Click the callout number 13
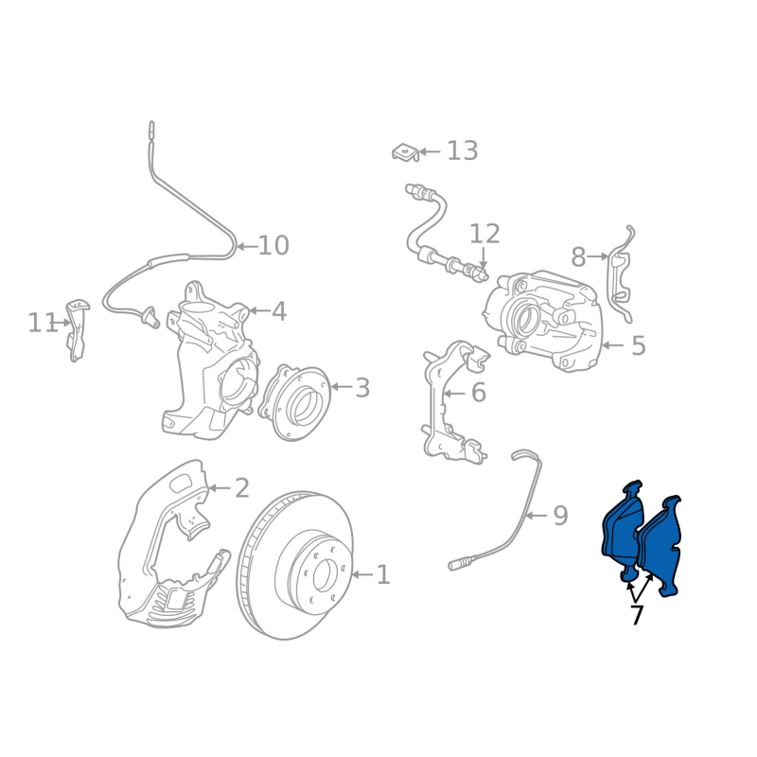click(x=463, y=150)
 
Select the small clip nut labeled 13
click(x=405, y=152)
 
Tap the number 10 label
click(x=273, y=245)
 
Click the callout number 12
click(x=484, y=234)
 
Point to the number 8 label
click(x=578, y=256)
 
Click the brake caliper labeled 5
click(x=544, y=321)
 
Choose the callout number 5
click(x=638, y=345)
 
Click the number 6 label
click(x=479, y=393)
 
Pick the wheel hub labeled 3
click(x=294, y=403)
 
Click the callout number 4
click(x=279, y=311)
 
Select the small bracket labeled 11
click(x=77, y=330)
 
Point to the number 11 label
click(x=43, y=323)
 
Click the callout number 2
click(x=242, y=487)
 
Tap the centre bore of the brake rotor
click(x=323, y=575)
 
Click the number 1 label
click(x=383, y=574)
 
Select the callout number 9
click(x=560, y=516)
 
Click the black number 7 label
click(x=637, y=614)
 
